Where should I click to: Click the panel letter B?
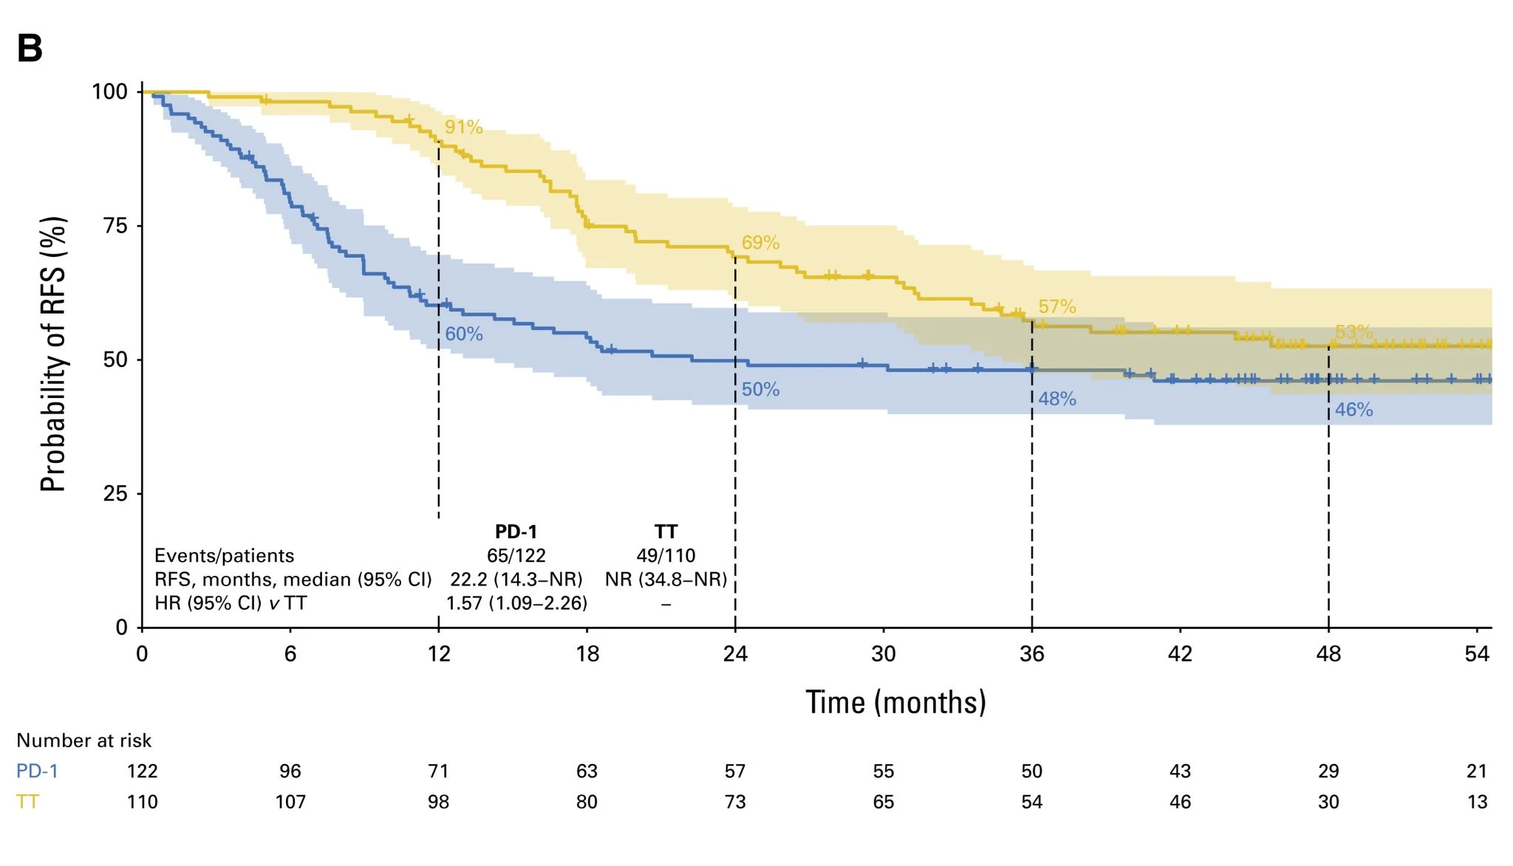pos(30,49)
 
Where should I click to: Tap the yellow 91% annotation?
pos(463,128)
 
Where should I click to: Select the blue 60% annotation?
pos(463,334)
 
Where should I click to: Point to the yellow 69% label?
pos(760,243)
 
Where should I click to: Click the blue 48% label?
pos(1056,399)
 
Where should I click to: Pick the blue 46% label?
pos(1353,410)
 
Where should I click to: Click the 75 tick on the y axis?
pos(115,226)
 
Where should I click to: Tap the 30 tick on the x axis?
pos(884,654)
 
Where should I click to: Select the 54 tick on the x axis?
pos(1477,654)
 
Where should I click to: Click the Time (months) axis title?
pos(895,702)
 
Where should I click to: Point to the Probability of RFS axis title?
pos(53,354)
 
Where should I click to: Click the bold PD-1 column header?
pos(516,532)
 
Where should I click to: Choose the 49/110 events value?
pos(666,556)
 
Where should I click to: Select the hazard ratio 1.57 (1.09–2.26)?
pos(516,603)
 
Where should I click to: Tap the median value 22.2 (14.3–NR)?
pos(516,580)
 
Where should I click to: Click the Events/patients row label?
pos(224,556)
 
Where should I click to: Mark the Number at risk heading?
pos(83,740)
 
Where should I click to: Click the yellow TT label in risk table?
pos(27,802)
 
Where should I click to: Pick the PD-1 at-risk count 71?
pos(438,772)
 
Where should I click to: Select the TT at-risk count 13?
pos(1477,802)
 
